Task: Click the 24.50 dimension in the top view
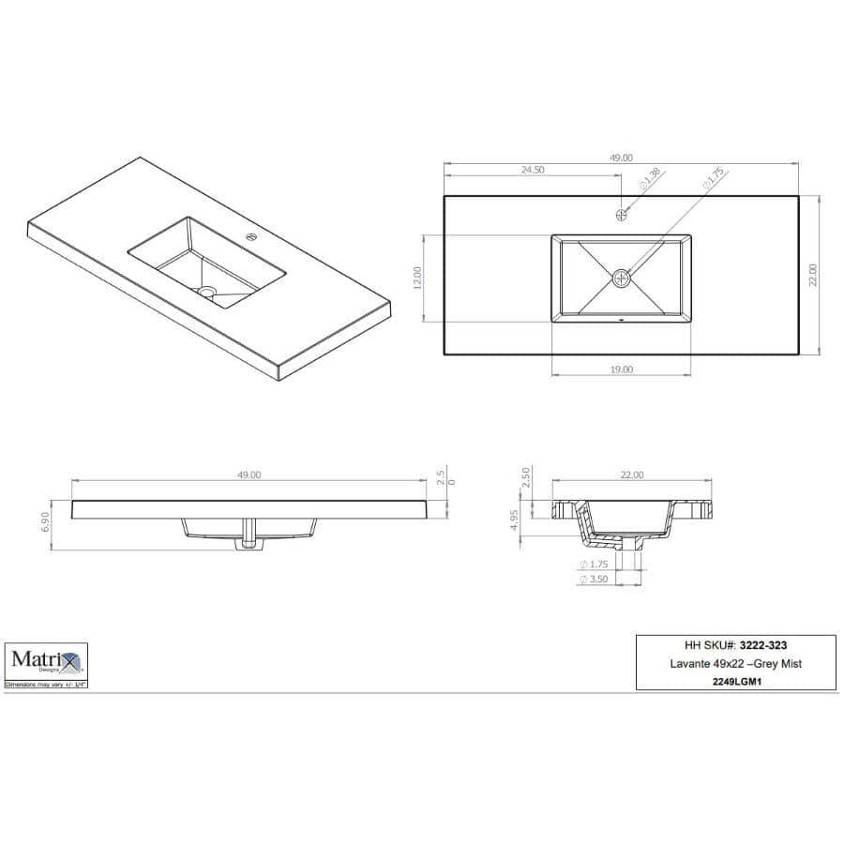pos(533,171)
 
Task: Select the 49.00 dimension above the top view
pos(622,158)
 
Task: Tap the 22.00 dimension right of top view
pos(814,275)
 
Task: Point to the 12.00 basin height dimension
pos(418,278)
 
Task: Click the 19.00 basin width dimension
pos(621,369)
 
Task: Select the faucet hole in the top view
pos(622,215)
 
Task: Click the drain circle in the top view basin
pos(622,277)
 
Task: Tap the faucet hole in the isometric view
pos(250,236)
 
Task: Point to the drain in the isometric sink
pos(207,292)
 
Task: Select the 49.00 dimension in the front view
pos(249,475)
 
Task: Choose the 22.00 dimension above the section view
pos(631,475)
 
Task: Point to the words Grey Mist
pos(776,664)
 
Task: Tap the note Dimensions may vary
pos(46,686)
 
